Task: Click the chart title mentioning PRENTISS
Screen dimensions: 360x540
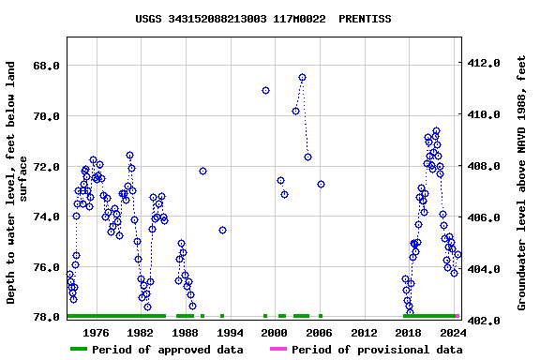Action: click(263, 19)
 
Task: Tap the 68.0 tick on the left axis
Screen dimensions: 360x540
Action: click(47, 66)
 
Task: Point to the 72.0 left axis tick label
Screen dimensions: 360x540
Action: click(47, 167)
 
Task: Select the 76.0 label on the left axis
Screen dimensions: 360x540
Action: click(47, 267)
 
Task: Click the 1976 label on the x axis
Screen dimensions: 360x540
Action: click(96, 332)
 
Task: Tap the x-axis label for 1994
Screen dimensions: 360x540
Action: click(230, 332)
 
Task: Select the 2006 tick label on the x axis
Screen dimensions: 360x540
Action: click(319, 332)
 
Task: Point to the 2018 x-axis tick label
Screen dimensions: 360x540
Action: click(408, 332)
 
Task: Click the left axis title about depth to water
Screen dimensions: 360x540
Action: click(18, 183)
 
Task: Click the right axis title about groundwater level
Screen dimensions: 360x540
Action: click(522, 183)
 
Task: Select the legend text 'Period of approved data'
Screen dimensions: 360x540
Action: click(170, 350)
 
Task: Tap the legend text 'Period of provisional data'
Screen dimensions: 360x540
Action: click(377, 350)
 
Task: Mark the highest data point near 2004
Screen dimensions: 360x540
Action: click(302, 78)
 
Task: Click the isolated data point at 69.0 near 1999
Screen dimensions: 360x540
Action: click(266, 90)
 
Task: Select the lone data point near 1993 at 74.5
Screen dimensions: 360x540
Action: click(222, 230)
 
